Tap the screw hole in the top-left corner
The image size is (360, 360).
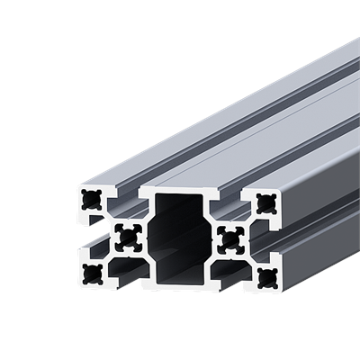(91, 200)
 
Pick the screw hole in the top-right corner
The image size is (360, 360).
(264, 202)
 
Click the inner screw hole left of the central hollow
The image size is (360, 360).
(127, 237)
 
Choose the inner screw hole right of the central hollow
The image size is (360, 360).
(229, 238)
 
